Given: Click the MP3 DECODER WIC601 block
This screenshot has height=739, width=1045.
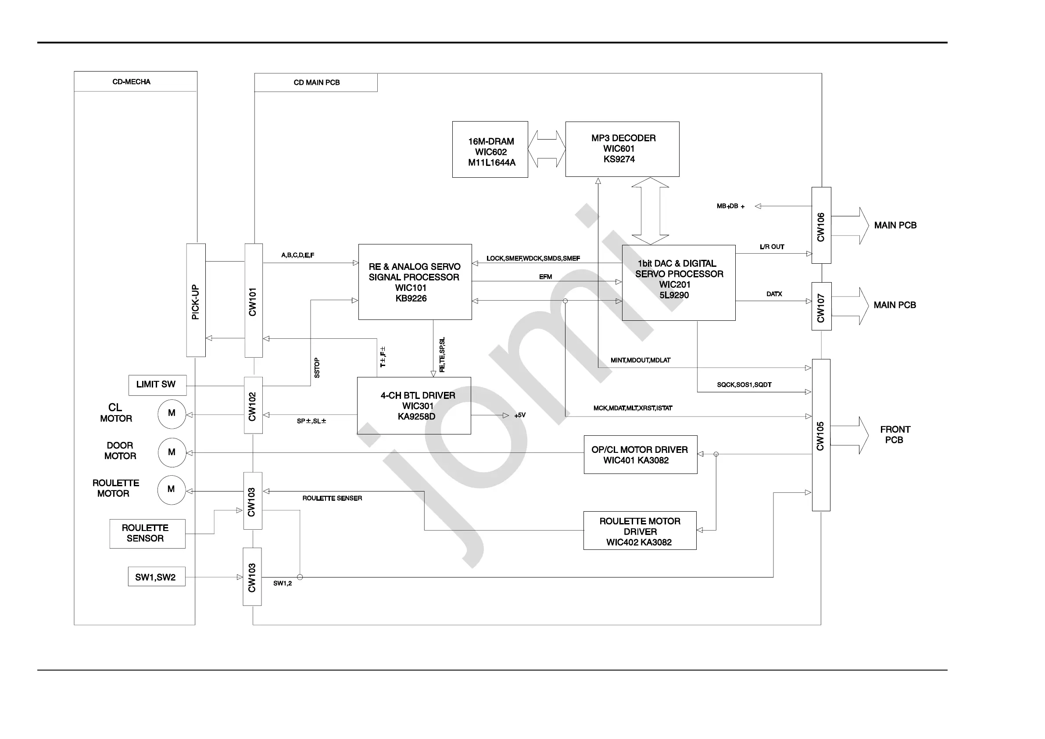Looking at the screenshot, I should (x=622, y=149).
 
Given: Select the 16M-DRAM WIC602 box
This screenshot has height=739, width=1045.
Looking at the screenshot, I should (x=490, y=149).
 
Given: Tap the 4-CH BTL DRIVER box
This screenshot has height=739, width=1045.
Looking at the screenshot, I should (x=414, y=405).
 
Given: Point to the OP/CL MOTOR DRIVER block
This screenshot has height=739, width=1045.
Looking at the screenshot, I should (x=641, y=455).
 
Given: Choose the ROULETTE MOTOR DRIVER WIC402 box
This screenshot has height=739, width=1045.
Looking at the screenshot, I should (x=640, y=531).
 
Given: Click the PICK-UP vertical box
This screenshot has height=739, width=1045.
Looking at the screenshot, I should (x=196, y=301).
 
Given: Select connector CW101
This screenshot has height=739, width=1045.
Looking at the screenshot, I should (x=254, y=301).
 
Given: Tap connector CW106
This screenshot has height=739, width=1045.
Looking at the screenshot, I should (x=821, y=226).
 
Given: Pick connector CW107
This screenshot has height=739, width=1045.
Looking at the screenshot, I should (x=821, y=306).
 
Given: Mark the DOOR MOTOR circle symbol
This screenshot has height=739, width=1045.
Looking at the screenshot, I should (x=172, y=452).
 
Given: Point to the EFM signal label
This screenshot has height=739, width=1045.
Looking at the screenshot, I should (x=545, y=277).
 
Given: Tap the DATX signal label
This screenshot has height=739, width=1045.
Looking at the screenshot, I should (x=774, y=294).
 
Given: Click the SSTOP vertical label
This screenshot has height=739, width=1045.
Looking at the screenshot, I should (x=317, y=368).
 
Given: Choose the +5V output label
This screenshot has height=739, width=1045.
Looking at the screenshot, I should (x=520, y=415).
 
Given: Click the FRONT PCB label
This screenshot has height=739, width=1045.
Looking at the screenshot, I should (x=895, y=434).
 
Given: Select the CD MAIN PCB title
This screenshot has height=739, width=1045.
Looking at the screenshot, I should (x=316, y=83).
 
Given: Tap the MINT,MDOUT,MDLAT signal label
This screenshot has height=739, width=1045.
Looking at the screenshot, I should (x=641, y=360).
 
